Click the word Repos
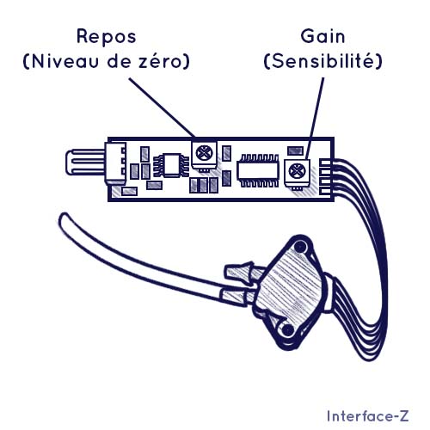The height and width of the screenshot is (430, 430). point(107,37)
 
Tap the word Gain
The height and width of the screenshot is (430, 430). point(322,37)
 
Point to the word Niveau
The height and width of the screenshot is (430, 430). point(65,61)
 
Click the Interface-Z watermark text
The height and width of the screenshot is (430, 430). point(368,416)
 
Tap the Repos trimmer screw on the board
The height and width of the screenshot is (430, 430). point(204,153)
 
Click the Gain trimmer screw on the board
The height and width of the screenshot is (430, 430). point(297,171)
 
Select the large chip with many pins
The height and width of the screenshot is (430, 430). point(259,171)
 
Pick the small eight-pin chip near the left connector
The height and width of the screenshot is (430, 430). point(171,165)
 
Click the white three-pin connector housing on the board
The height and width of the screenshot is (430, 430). point(116,163)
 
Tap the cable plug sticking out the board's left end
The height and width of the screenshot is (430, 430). point(85,162)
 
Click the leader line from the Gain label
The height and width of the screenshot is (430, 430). point(315,119)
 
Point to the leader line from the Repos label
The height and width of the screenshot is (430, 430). point(162,107)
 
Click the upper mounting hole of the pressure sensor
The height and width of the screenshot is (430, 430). point(300,247)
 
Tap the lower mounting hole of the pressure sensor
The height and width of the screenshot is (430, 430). point(287,330)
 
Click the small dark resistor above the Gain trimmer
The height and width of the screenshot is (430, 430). point(295,150)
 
